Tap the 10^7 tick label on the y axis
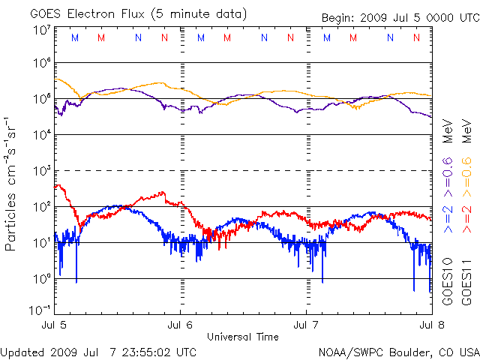click(x=41, y=30)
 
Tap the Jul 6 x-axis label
click(x=181, y=325)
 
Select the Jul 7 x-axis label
click(x=306, y=325)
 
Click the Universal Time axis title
click(x=243, y=337)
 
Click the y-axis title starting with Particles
click(x=13, y=184)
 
